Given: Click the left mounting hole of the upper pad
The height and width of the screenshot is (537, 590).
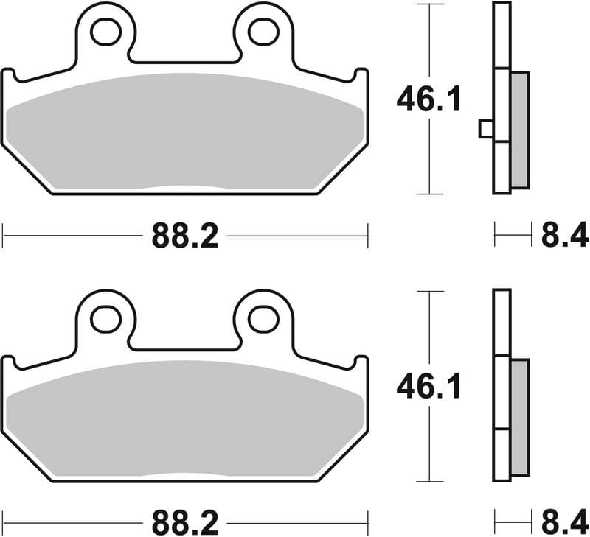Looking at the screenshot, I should pyautogui.click(x=105, y=31).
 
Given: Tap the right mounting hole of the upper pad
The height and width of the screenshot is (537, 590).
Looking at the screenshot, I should pyautogui.click(x=263, y=31).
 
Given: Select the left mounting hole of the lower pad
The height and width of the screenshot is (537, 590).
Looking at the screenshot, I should pyautogui.click(x=105, y=318).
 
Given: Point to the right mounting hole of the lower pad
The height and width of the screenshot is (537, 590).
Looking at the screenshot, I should pyautogui.click(x=263, y=318).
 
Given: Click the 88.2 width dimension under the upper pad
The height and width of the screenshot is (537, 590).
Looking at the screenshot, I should pyautogui.click(x=185, y=236).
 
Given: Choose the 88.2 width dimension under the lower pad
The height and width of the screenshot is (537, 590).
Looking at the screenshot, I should pyautogui.click(x=185, y=524).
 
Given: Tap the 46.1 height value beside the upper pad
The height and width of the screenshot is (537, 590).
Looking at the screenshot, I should pyautogui.click(x=428, y=99).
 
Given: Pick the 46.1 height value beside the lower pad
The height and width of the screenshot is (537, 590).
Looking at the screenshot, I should pyautogui.click(x=428, y=386).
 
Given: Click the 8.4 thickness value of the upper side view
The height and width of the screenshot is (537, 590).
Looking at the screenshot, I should pyautogui.click(x=564, y=236).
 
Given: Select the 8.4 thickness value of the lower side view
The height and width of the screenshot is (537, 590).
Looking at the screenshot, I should pyautogui.click(x=564, y=524).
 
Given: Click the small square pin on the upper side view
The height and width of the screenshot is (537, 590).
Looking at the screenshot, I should pyautogui.click(x=486, y=129).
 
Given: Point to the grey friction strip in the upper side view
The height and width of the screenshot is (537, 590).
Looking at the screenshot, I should pyautogui.click(x=519, y=129).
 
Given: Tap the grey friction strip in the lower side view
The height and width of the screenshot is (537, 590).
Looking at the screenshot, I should pyautogui.click(x=519, y=416).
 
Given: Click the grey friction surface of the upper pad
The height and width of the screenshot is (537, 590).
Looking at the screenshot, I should pyautogui.click(x=184, y=133).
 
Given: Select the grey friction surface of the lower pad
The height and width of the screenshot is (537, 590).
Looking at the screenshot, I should pyautogui.click(x=184, y=420).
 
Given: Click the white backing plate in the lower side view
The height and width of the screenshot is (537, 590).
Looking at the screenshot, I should pyautogui.click(x=502, y=390).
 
